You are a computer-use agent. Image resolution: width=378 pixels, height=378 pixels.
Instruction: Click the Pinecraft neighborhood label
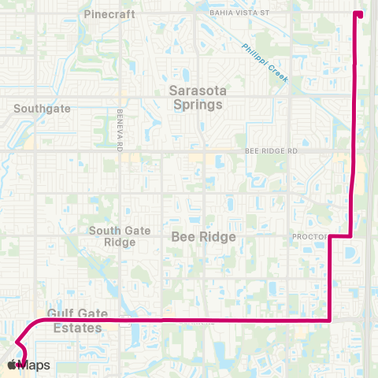click(109, 14)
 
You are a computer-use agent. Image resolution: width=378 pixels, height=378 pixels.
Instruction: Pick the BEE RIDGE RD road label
click(272, 150)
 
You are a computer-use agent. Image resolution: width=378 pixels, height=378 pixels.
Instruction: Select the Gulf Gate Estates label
click(75, 321)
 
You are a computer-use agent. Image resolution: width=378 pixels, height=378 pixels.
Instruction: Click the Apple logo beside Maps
click(13, 365)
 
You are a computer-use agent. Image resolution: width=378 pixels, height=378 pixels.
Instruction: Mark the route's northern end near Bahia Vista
click(359, 13)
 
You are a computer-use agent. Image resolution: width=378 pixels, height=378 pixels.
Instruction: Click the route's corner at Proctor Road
click(328, 235)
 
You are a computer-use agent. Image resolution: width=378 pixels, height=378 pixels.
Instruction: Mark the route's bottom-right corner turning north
click(328, 321)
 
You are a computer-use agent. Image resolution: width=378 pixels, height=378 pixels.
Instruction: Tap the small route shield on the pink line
click(124, 322)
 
